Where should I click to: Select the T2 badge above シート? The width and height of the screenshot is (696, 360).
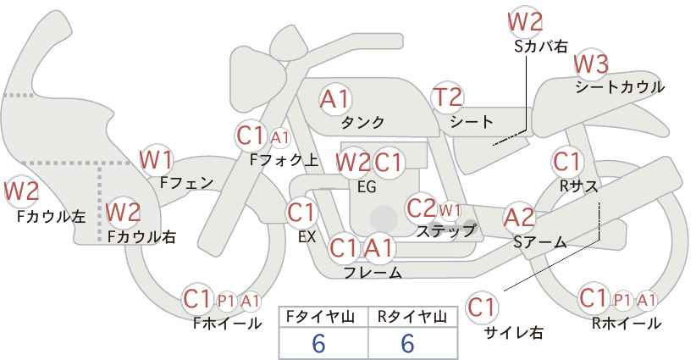[x=447, y=98]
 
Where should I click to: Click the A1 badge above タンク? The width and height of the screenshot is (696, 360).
[x=335, y=99]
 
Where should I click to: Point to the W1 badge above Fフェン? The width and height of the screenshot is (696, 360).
[x=157, y=159]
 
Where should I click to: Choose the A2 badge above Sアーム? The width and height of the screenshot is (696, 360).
[x=519, y=218]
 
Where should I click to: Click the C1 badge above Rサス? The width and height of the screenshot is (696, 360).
[x=566, y=161]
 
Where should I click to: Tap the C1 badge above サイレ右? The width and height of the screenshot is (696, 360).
[x=483, y=307]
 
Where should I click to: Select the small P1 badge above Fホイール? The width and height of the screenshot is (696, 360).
[x=226, y=299]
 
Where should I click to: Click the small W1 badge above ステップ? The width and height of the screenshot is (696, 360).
[x=450, y=209]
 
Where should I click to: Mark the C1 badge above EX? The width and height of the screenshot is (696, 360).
[x=301, y=212]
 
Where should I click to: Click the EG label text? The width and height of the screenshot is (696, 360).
[x=367, y=186]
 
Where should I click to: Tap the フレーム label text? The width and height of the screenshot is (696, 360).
[x=373, y=273]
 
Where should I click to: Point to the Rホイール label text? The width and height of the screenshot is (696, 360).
[x=627, y=323]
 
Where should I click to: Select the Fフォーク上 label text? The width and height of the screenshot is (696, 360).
[x=284, y=158]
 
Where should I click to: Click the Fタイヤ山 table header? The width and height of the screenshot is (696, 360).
[x=323, y=317]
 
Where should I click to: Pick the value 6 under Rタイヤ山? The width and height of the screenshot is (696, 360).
[x=407, y=342]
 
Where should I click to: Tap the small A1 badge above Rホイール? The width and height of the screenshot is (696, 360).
[x=647, y=299]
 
